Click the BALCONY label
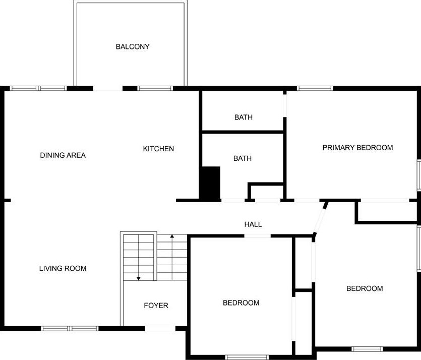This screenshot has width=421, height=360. pos(133,47)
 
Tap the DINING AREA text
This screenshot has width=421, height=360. pos(63,155)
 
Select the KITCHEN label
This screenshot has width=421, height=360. pos(158,149)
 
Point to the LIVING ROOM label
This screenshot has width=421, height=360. pos(63,268)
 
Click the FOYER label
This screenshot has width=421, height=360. pos(156,306)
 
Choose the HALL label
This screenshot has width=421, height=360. pos(253,224)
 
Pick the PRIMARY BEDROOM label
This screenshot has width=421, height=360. pos(357,148)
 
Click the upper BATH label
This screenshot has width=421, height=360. pos(244,117)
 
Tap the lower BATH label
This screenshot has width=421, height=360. pos(243,158)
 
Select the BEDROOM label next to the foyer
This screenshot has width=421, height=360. pos(241,303)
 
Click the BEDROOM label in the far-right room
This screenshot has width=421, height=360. pos(365,288)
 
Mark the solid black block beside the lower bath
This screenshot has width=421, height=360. pos(211,184)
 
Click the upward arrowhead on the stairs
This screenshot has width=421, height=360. pos(172,235)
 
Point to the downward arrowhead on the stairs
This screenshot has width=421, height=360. pos(138,278)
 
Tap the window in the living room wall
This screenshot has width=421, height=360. pos(70,328)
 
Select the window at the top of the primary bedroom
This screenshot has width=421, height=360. pos(315,88)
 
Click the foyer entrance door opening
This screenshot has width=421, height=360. pos(160,329)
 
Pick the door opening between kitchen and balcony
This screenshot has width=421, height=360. pos(108,89)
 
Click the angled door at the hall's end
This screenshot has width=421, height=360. pos(320,218)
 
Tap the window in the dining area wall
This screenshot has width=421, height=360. pos(39,88)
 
